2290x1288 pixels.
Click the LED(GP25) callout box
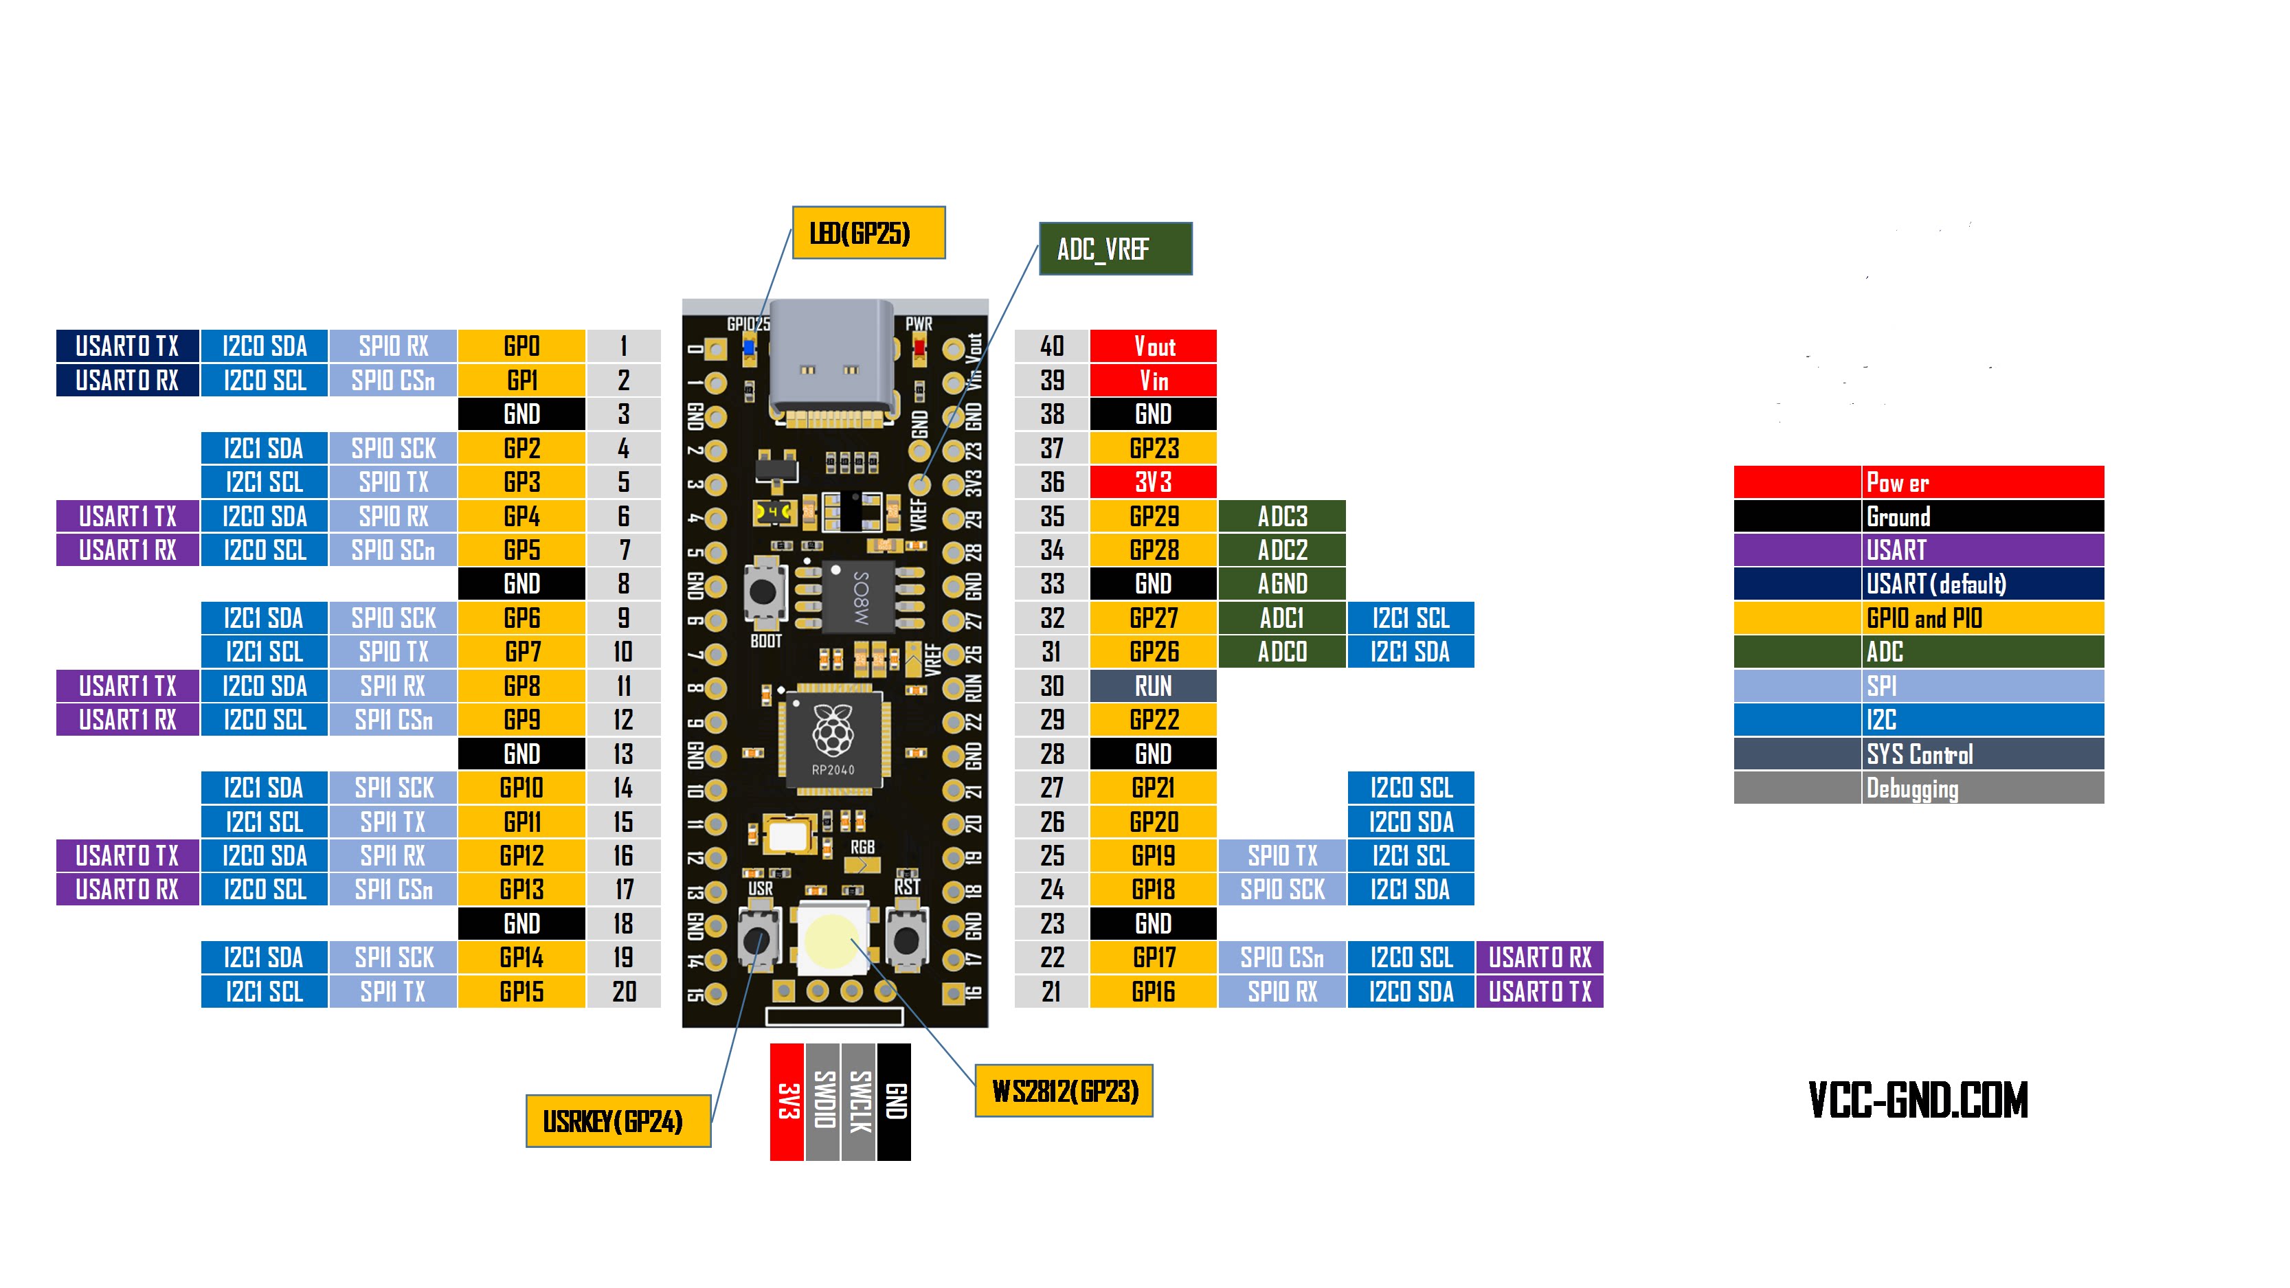(868, 233)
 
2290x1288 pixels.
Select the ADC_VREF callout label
(1116, 249)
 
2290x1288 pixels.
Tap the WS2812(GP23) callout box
(1064, 1091)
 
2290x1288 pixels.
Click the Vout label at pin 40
(1153, 346)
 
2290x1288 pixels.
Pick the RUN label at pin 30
(1153, 686)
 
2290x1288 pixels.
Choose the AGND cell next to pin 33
(1282, 584)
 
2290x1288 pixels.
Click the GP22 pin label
(1153, 719)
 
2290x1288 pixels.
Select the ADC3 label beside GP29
(1282, 516)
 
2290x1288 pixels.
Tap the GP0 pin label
(521, 346)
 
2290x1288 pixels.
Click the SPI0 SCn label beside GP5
(393, 550)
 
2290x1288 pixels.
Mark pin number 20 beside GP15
(624, 991)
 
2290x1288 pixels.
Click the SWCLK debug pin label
(859, 1103)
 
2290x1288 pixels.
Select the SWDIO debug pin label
(823, 1103)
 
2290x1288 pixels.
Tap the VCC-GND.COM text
(1918, 1100)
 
